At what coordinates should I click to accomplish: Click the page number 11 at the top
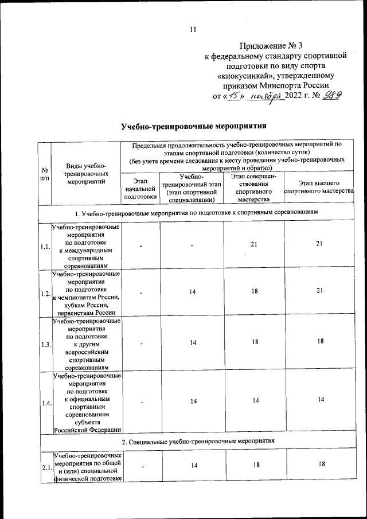tap(193, 29)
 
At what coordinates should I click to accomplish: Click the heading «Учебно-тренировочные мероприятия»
tap(194, 125)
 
